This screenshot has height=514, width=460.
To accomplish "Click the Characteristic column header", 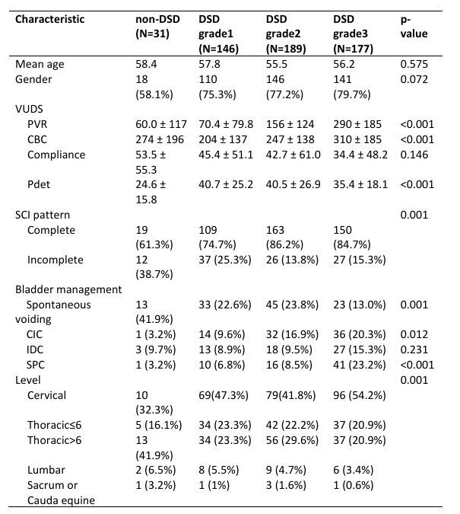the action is [49, 19].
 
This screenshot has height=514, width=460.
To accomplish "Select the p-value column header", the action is [414, 26].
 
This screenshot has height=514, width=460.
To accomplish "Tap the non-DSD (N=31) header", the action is [157, 26].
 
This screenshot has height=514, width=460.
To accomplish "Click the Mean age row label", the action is [40, 64].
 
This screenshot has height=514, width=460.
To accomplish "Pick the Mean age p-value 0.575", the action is [414, 64].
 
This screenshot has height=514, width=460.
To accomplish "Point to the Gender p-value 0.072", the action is [414, 79].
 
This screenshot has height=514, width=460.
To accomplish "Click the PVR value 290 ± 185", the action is [357, 124].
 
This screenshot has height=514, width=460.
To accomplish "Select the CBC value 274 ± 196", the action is [160, 139].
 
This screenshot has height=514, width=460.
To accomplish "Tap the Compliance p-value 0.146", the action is [414, 155].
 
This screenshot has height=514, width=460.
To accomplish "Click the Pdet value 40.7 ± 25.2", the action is [226, 184].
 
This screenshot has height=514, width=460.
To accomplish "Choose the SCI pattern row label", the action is [43, 215].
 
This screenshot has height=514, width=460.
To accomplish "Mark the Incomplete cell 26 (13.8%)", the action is [292, 260].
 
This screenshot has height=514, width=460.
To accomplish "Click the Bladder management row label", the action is [68, 289].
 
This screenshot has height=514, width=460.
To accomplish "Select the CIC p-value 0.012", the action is [414, 334].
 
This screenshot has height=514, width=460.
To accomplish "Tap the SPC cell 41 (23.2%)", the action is [360, 365].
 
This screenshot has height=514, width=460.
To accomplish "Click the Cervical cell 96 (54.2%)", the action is [360, 395].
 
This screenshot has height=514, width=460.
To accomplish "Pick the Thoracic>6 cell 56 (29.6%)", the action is [292, 440].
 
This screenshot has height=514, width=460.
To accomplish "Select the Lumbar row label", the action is [46, 470].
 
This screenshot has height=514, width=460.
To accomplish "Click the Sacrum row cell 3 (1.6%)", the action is [286, 485].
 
